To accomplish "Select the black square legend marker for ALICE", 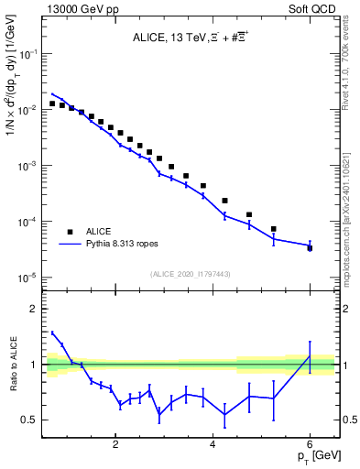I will [x=70, y=232].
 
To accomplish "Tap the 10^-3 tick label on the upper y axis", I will [x=31, y=166].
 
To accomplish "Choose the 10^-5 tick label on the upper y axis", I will [x=31, y=278].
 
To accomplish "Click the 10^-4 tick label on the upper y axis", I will [x=31, y=222].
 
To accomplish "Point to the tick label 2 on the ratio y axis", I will [x=35, y=309].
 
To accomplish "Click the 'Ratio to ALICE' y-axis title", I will [x=12, y=365].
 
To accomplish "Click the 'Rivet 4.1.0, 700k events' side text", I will [x=349, y=72].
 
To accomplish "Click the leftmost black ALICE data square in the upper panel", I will [x=52, y=104].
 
